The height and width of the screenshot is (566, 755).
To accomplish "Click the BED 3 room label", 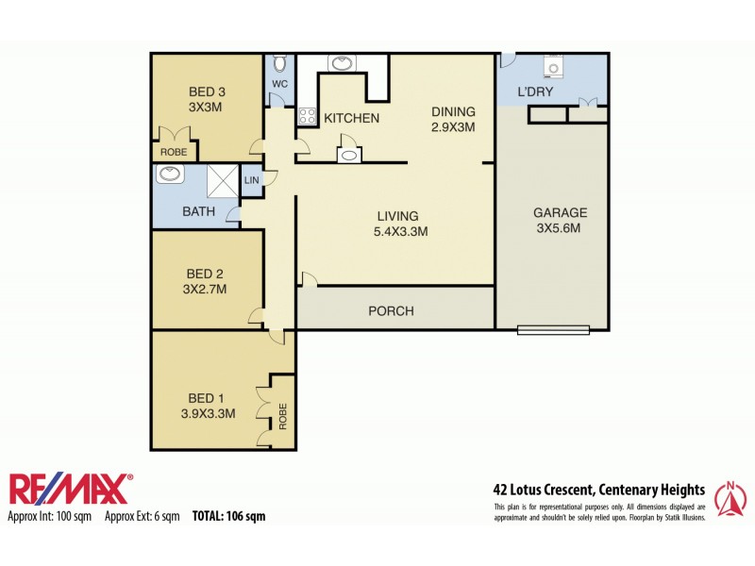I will click(206, 92).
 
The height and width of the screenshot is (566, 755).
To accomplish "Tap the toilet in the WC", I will click(279, 64).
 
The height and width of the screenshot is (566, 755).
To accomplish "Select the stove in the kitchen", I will click(308, 117).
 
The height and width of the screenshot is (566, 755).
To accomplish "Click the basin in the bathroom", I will click(171, 174).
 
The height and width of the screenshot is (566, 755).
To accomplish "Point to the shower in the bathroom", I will click(222, 181).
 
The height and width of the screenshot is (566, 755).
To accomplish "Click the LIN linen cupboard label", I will click(251, 180).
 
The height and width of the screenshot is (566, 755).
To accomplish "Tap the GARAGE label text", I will click(560, 212).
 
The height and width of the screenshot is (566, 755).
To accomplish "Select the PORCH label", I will click(391, 311).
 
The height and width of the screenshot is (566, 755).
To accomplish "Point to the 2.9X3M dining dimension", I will click(453, 126).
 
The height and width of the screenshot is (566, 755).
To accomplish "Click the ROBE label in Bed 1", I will click(282, 416).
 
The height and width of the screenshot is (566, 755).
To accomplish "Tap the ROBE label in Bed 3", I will click(173, 152).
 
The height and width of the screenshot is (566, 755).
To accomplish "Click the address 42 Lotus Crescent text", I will click(598, 490).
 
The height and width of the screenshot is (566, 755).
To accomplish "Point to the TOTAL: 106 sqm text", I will click(228, 516).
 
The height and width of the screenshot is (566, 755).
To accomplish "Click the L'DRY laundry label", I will click(535, 92).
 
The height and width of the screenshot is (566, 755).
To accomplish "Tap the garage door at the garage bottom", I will click(553, 329).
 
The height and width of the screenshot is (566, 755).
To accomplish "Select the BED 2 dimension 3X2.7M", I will click(206, 290).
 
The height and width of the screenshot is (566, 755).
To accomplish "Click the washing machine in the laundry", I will click(552, 68).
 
